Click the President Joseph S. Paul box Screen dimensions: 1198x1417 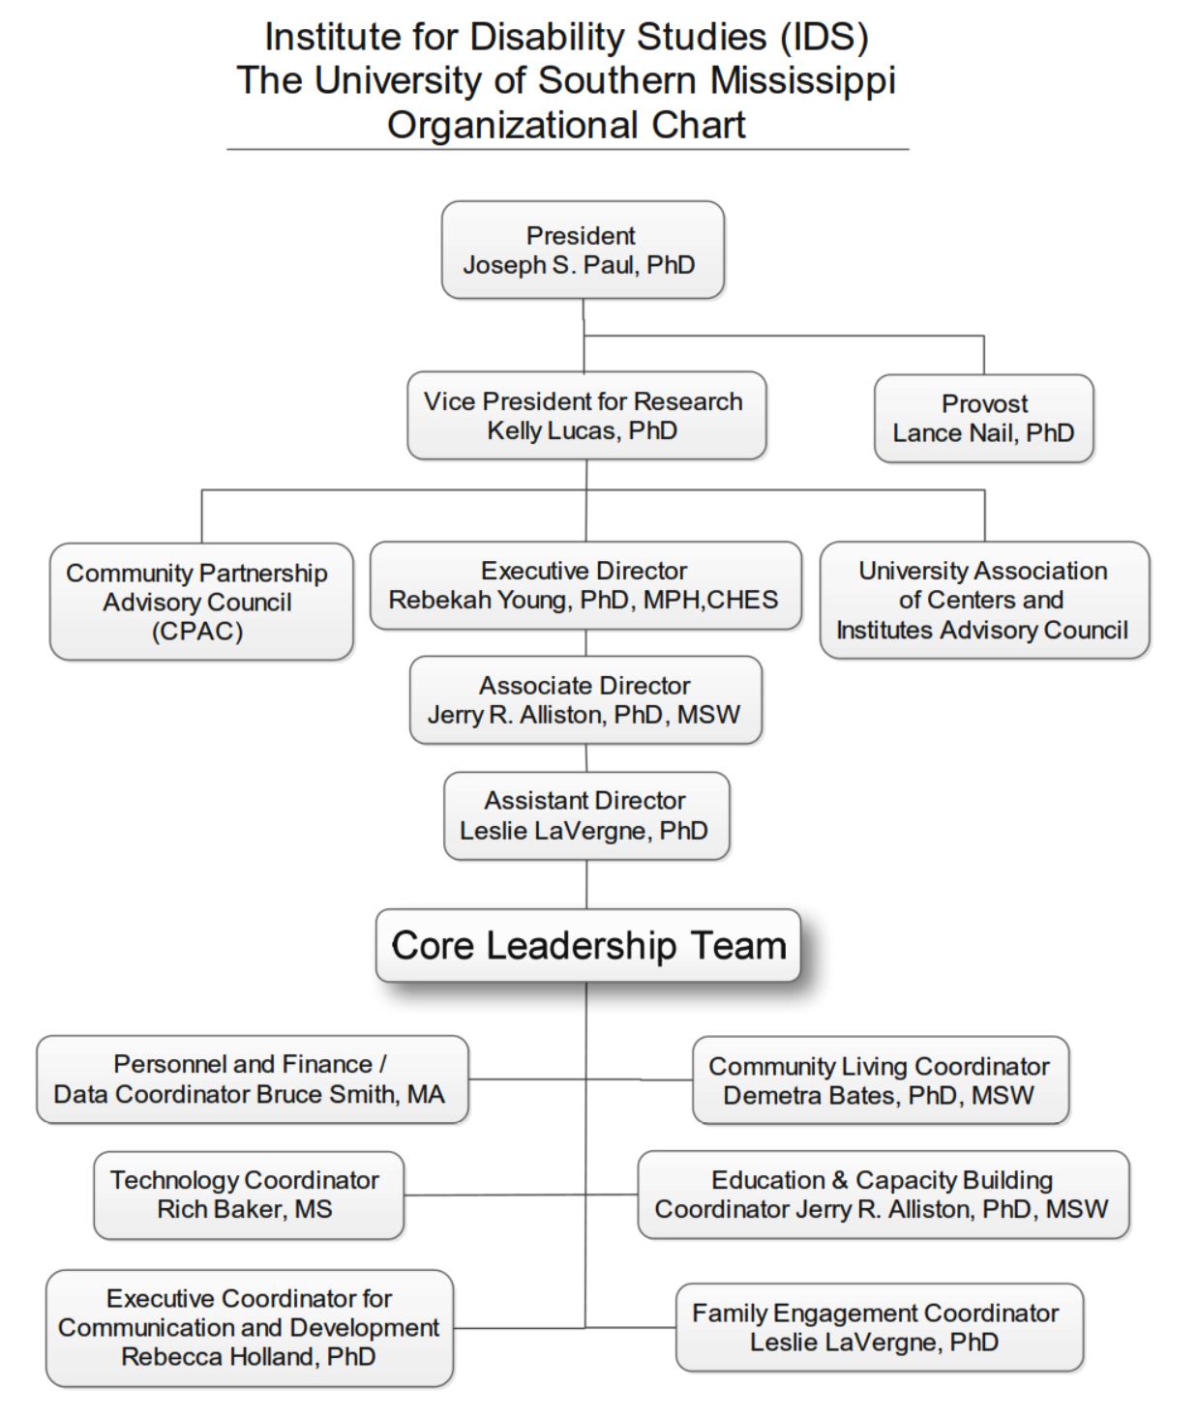point(583,250)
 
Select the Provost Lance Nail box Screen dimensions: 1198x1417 point(983,419)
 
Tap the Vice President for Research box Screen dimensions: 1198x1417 point(586,415)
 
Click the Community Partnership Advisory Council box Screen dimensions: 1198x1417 point(201,602)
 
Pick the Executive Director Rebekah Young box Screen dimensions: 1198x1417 point(585,586)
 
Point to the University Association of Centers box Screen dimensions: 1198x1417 point(985,600)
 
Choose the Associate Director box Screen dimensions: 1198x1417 point(585,699)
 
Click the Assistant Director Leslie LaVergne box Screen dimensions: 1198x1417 point(586,815)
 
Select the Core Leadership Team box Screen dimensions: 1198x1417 point(588,945)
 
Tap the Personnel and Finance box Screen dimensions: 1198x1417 point(252,1079)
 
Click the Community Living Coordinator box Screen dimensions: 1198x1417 point(881,1079)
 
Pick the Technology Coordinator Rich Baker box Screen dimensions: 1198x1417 point(249,1196)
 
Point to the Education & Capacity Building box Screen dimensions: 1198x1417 point(884,1195)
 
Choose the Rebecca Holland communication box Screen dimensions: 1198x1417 point(250,1328)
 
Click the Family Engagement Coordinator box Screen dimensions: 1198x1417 point(880,1327)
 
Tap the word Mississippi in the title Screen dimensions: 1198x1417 point(803,80)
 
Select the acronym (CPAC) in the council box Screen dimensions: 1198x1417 point(197,632)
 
